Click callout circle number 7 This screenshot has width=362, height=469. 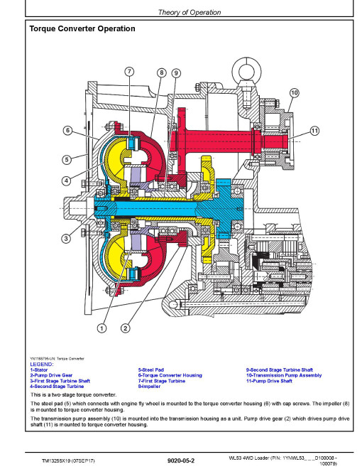point(129,72)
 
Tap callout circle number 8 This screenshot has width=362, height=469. point(162,72)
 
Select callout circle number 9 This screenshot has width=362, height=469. point(176,73)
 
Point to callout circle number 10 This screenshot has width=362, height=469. point(294,92)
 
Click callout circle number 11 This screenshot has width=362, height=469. point(314,131)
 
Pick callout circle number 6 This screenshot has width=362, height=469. point(68,131)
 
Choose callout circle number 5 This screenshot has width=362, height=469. point(67,159)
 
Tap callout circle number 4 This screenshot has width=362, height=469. point(66,180)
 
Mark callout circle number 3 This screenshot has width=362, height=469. point(66,238)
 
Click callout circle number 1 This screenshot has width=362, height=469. point(102,328)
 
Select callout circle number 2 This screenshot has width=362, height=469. point(126,328)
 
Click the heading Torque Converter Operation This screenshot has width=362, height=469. point(82,28)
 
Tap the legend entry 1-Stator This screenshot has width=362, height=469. point(39,370)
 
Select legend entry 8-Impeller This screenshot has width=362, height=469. point(149,387)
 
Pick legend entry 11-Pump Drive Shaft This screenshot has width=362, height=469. point(269,381)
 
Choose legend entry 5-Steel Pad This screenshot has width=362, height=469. point(150,370)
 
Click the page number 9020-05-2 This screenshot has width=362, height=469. point(181,460)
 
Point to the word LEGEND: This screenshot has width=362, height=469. point(42,365)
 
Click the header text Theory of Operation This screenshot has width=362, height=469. point(190,12)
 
